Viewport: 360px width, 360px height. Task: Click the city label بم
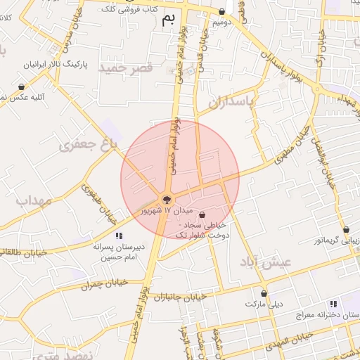pyautogui.click(x=166, y=19)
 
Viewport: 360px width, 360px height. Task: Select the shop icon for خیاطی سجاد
pyautogui.click(x=202, y=214)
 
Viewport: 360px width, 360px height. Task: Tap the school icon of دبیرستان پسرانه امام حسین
pyautogui.click(x=119, y=236)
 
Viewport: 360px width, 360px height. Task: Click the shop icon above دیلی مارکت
pyautogui.click(x=264, y=293)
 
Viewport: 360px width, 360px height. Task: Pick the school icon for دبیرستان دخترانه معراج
pyautogui.click(x=333, y=304)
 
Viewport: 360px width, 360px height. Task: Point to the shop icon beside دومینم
pyautogui.click(x=222, y=11)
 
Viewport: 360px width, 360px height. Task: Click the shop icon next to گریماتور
pyautogui.click(x=346, y=229)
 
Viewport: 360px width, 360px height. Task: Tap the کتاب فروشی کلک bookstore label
pyautogui.click(x=129, y=8)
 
